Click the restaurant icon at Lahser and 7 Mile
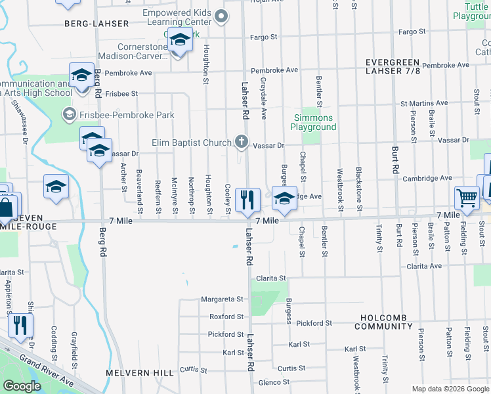point(247,200)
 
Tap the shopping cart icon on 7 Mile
point(467,197)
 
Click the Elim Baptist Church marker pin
point(242,142)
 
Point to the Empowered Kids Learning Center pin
point(222,16)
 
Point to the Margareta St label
point(222,299)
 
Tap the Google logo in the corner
point(22,386)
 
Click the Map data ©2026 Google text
point(450,389)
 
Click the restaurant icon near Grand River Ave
point(20,326)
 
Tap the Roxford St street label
point(226,317)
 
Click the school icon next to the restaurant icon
point(284,200)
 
